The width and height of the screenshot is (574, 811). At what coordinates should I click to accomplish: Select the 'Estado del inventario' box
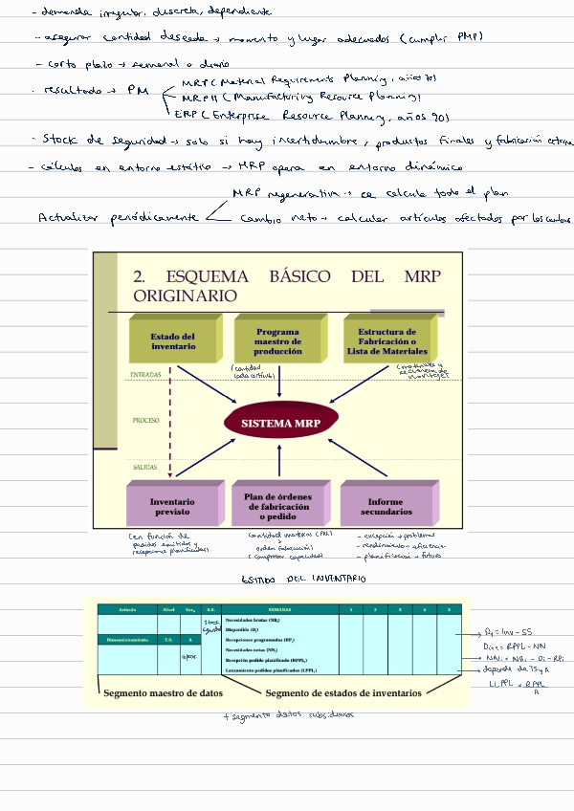[172, 342]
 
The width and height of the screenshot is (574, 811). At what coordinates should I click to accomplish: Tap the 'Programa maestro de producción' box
[277, 342]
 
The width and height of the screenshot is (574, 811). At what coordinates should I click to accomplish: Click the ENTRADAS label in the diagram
[145, 375]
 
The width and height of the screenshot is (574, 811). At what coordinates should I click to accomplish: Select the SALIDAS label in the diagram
[144, 467]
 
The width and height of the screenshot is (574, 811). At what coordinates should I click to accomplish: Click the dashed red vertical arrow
[169, 421]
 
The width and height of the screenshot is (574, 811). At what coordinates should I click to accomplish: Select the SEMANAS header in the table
[279, 609]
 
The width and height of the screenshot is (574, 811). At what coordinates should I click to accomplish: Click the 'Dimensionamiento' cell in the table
[127, 638]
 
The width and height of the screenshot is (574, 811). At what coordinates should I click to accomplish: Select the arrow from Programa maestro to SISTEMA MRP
[278, 384]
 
